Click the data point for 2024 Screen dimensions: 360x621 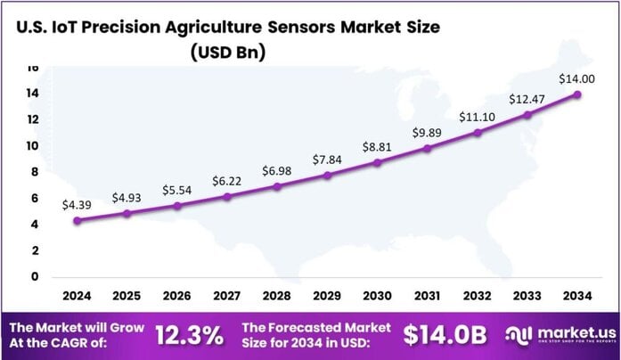(x=77, y=220)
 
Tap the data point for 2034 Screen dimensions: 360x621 (x=578, y=94)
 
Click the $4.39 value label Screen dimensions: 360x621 (x=77, y=205)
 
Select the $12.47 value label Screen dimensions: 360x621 (x=527, y=99)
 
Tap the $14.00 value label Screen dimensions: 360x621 (x=576, y=79)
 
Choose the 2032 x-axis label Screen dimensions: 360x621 (x=478, y=294)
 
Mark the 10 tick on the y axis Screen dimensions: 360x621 (x=32, y=145)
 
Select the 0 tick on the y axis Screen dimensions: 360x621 (x=36, y=276)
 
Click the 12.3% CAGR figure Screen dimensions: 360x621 (x=189, y=336)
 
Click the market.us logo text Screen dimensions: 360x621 (x=566, y=331)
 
